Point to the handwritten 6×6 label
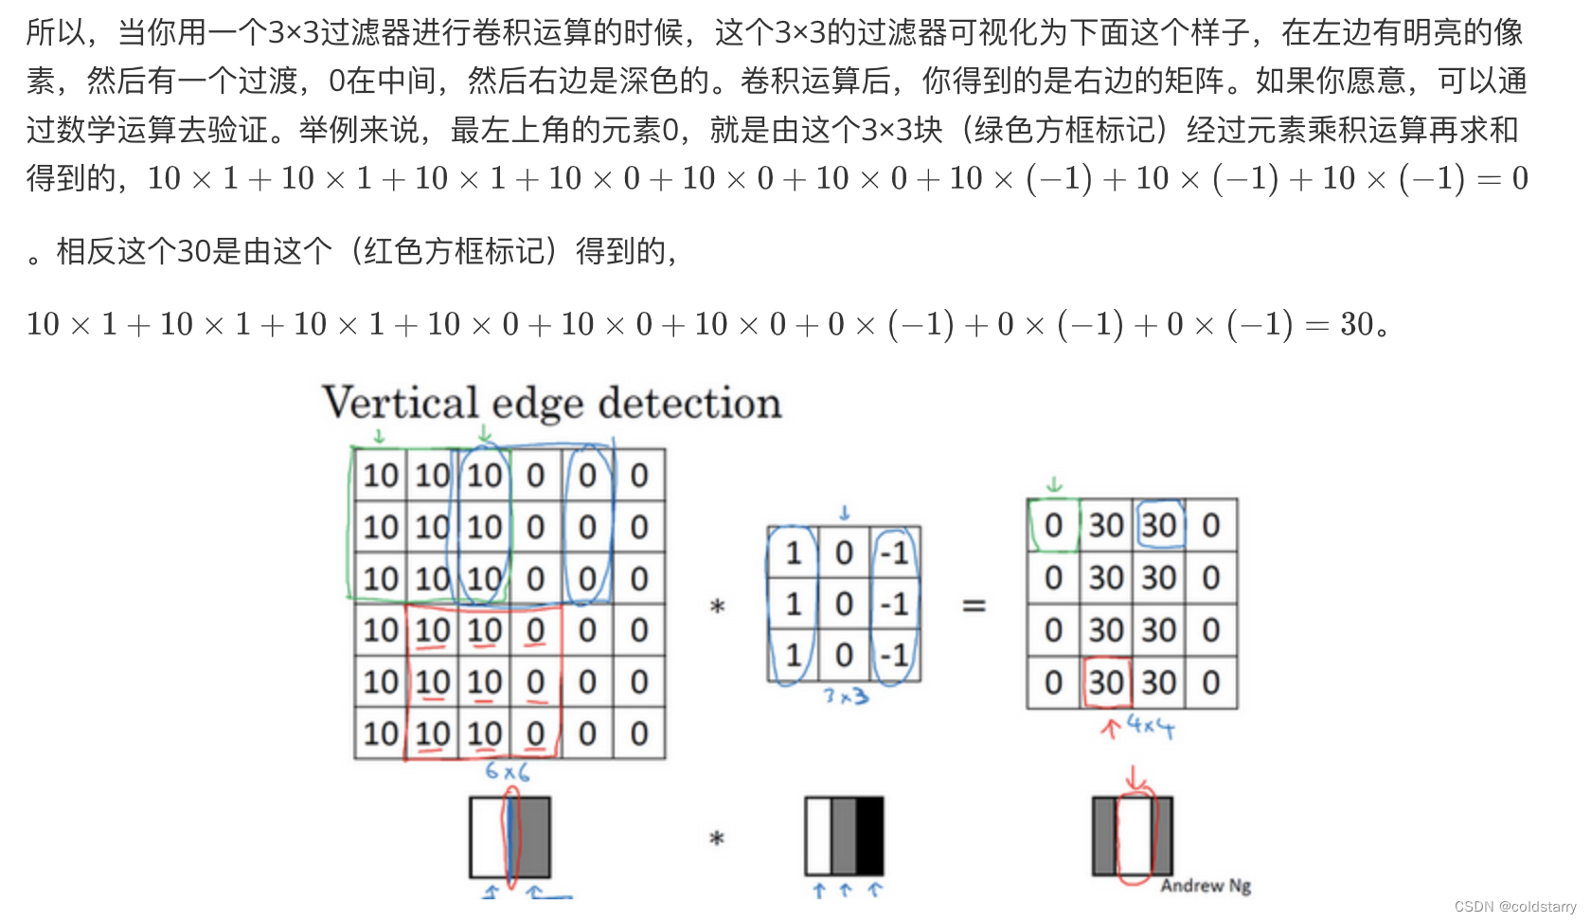pos(507,771)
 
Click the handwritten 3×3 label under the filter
pos(846,697)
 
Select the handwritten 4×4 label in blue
pos(1151,727)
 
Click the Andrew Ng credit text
pos(1206,885)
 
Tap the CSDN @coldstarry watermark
pos(1514,907)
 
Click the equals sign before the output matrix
pos(974,605)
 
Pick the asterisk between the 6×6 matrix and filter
pos(717,606)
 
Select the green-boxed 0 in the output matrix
pos(1053,526)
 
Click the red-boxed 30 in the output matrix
pos(1105,682)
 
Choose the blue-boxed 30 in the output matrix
pos(1159,526)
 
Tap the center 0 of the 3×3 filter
pos(844,605)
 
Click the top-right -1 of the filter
pos(895,553)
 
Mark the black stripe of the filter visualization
pos(870,836)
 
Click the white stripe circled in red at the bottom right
pos(1134,836)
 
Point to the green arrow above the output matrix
pos(1054,485)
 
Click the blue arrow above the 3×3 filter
pos(845,513)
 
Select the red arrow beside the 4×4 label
pos(1110,728)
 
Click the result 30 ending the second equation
pos(1356,325)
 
